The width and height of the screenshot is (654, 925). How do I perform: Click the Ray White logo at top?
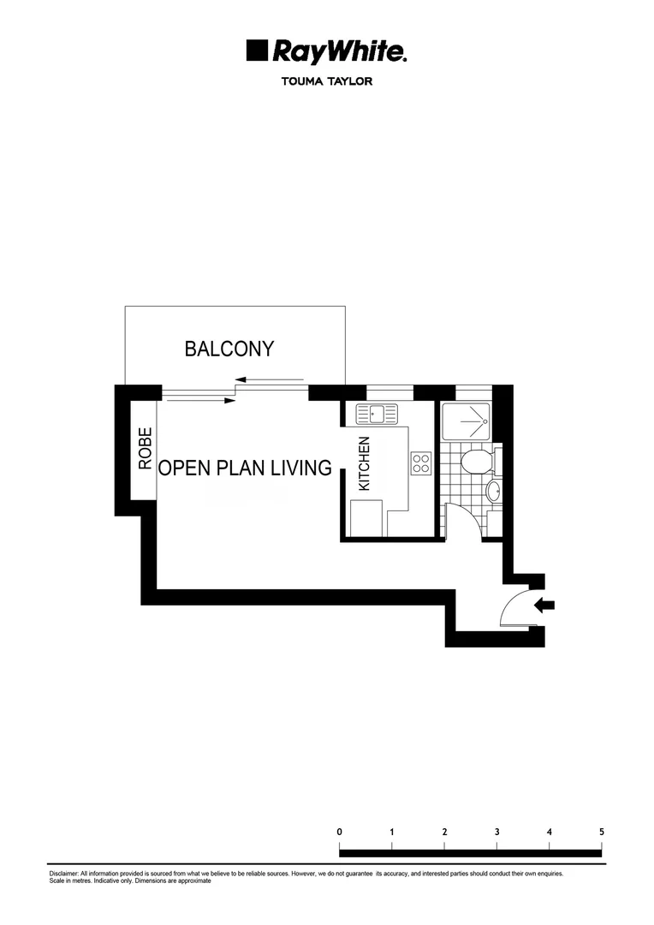click(326, 51)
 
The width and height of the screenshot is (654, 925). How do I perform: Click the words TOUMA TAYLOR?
click(326, 82)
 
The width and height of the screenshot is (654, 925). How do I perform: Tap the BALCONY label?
click(229, 349)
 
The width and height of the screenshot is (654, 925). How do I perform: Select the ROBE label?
click(145, 448)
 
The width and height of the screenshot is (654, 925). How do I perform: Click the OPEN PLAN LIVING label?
click(245, 468)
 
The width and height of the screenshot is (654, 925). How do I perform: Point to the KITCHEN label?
click(364, 463)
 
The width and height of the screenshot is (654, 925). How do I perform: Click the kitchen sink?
click(378, 415)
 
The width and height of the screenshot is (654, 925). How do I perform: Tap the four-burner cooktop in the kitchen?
click(420, 463)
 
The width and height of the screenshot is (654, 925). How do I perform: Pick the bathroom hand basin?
click(493, 492)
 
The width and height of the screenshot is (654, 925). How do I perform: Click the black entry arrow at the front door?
click(544, 606)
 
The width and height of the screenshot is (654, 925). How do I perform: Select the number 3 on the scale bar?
click(497, 832)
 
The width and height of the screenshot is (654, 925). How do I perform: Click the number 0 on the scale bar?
click(340, 832)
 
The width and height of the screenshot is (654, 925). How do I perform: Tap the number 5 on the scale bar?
click(602, 832)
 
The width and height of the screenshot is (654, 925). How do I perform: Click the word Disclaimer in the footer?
click(63, 874)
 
